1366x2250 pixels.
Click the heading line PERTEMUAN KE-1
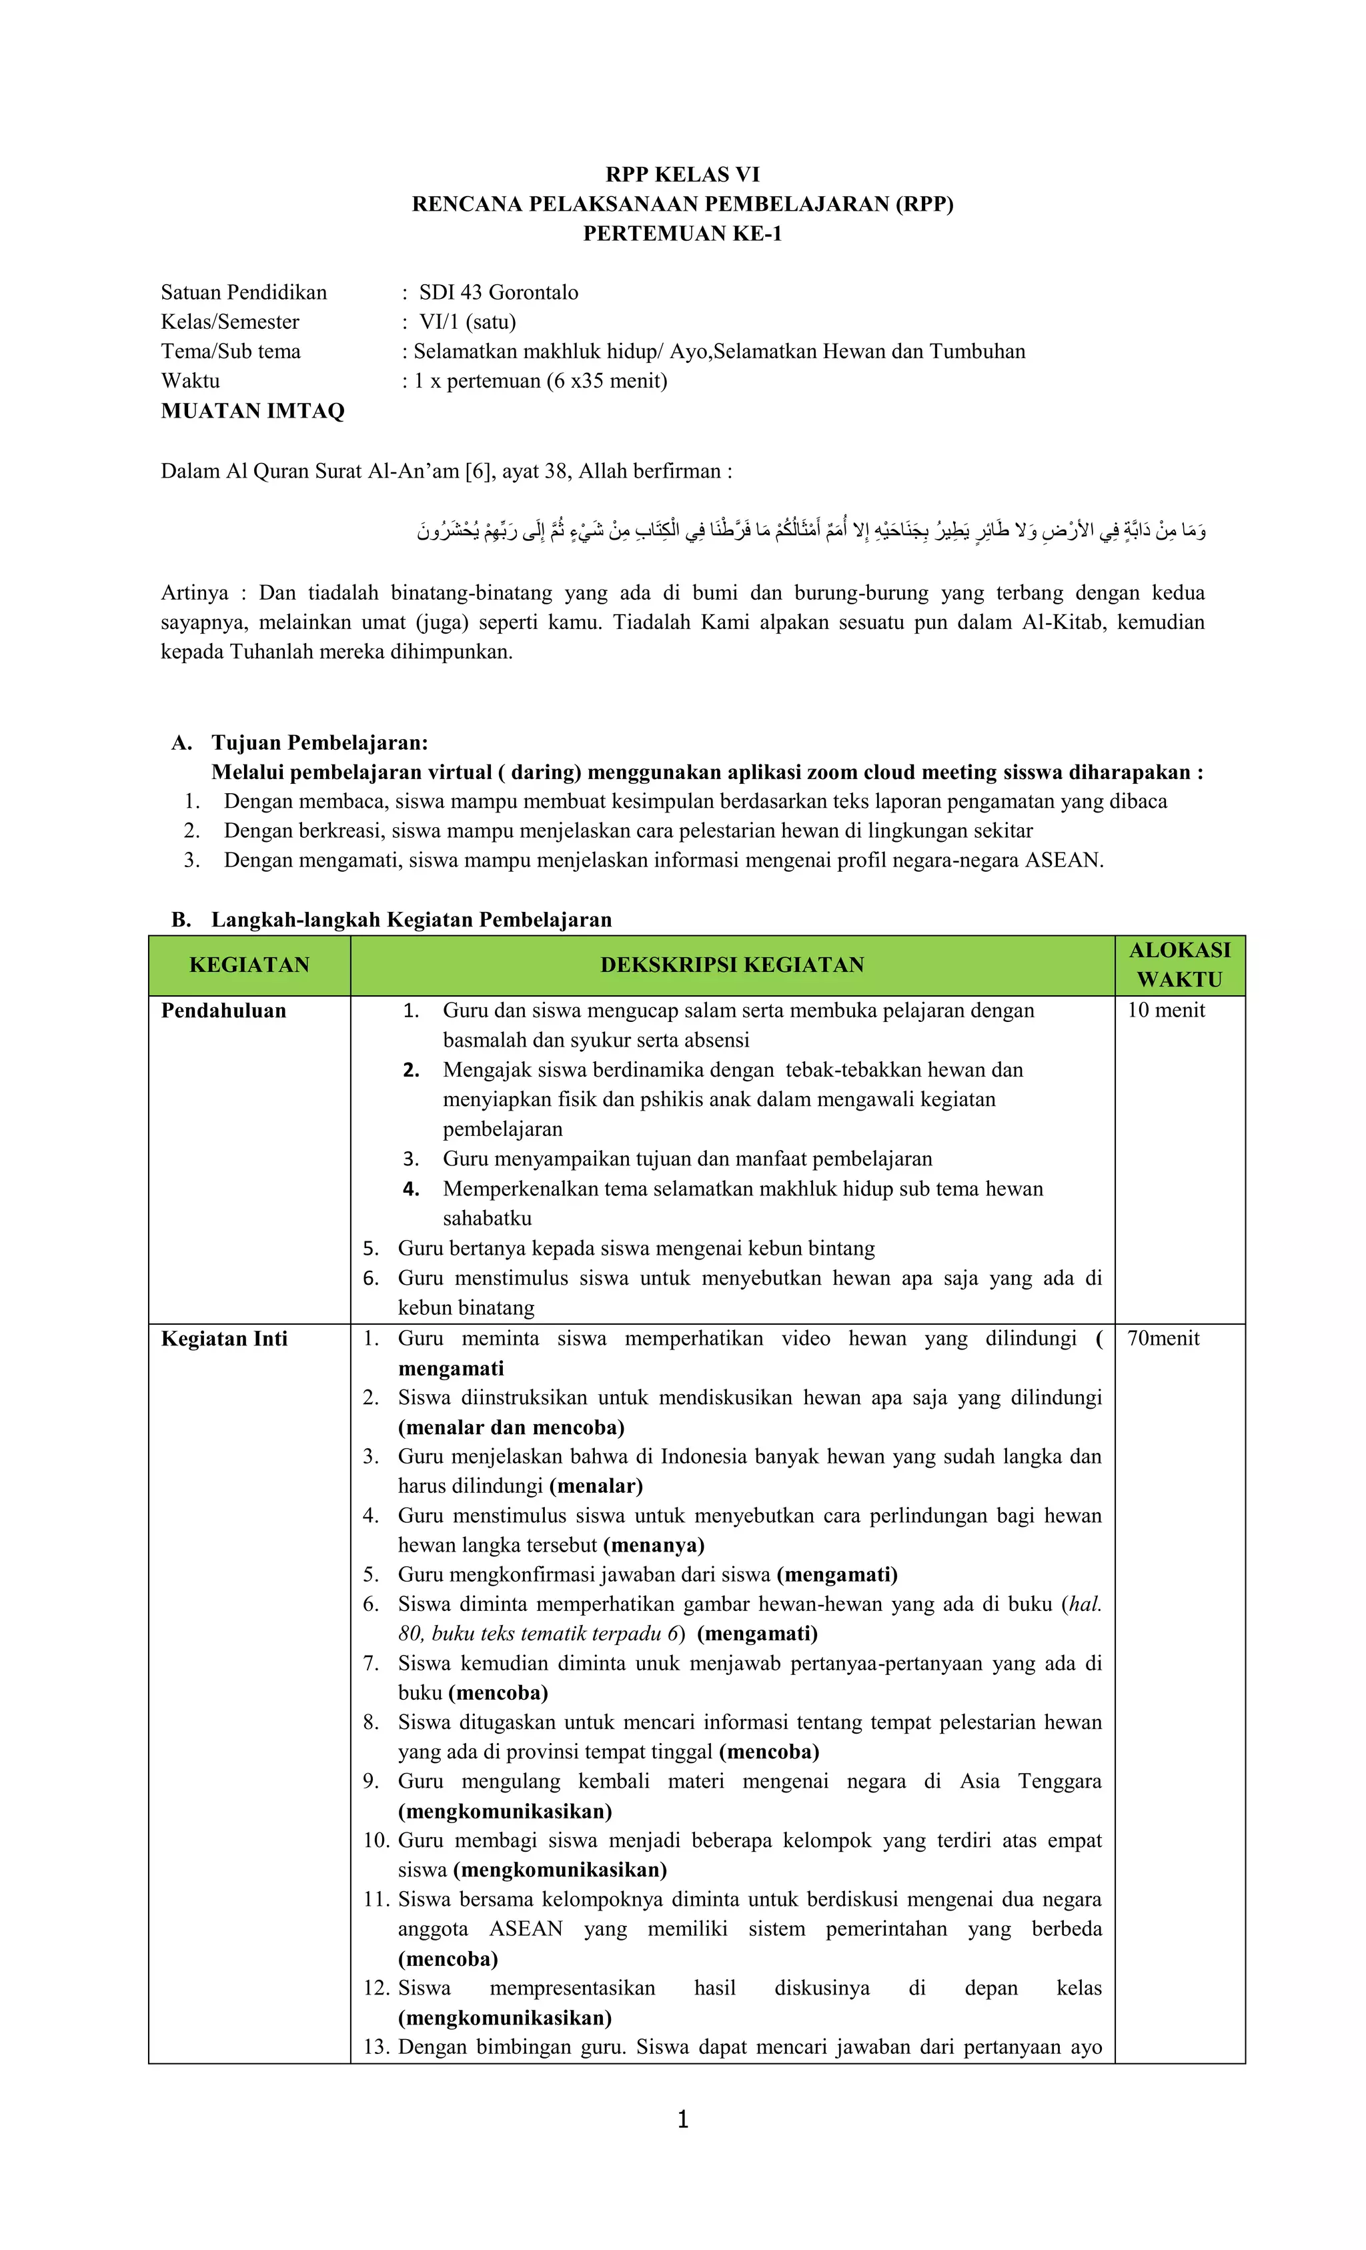[682, 233]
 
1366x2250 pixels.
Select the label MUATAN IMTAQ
[252, 411]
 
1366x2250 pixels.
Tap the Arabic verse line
[811, 530]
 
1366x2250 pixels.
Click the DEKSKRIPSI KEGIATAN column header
[732, 965]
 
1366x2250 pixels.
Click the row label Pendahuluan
[223, 1011]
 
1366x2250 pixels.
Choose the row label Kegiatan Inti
[223, 1339]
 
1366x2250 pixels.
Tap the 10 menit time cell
[1165, 1010]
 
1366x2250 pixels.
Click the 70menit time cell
[1163, 1339]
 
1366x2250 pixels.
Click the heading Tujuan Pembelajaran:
[319, 742]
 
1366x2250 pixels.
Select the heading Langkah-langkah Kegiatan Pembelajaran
[411, 919]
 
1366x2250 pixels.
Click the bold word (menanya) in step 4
[653, 1545]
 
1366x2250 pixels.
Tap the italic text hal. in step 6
[1085, 1604]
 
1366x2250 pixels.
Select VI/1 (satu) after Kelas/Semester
[467, 322]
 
